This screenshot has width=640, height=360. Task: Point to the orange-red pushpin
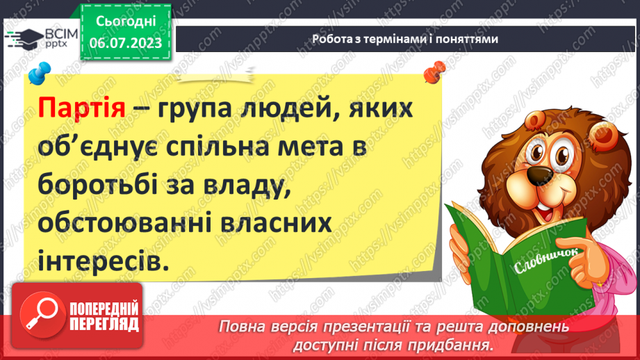click(436, 70)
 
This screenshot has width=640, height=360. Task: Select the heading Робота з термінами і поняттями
click(405, 39)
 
